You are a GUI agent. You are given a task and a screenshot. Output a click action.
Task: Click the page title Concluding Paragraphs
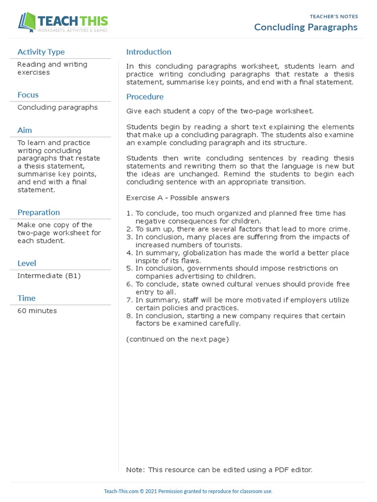305,27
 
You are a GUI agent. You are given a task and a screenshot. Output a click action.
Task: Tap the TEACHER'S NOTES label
334,16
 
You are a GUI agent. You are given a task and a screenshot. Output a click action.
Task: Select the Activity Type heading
41,52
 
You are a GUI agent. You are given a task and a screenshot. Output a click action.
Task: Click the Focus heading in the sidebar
28,95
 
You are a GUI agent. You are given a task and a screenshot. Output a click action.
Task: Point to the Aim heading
25,130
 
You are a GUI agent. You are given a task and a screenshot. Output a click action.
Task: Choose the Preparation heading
38,212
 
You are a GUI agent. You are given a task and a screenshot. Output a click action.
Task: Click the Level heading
27,263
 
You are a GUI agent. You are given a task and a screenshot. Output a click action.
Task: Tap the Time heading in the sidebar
27,298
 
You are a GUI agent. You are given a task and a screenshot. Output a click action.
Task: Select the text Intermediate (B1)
49,276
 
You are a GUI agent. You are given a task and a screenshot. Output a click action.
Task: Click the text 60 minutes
37,311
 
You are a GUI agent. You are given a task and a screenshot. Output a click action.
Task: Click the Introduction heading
149,52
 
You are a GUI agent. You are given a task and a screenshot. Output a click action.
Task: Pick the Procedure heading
145,97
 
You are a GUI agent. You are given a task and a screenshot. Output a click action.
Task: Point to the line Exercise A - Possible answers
178,198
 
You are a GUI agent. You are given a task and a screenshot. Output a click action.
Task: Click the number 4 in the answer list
129,253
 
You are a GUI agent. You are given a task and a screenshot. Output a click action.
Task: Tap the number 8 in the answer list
129,316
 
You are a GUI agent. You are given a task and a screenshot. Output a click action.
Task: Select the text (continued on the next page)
177,339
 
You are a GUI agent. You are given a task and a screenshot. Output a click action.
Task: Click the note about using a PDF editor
219,470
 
